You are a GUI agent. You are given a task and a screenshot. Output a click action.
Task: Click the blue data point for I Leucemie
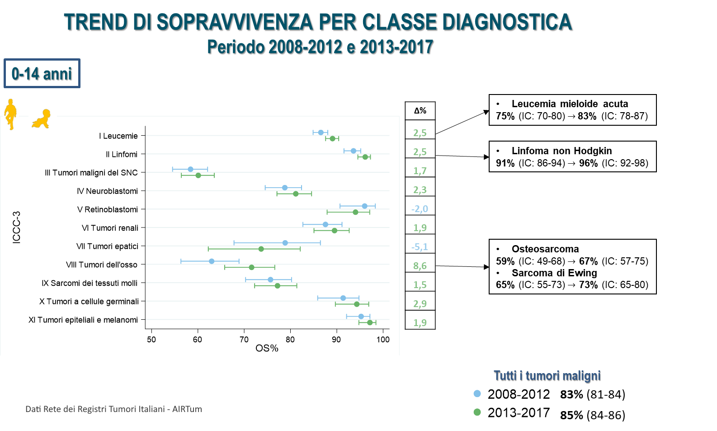321,133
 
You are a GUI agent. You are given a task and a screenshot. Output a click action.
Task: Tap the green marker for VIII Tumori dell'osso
252,267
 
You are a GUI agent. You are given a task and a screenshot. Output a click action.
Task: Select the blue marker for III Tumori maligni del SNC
190,169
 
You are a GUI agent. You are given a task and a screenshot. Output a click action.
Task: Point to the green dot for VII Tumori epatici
261,249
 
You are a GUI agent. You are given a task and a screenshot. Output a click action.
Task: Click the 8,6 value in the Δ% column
420,266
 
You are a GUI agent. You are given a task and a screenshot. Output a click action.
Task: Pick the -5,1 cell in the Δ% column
420,247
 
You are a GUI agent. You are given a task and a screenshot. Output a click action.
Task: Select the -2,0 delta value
420,209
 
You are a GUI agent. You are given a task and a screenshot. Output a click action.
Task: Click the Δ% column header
420,111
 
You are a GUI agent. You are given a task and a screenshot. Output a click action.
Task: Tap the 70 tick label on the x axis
244,340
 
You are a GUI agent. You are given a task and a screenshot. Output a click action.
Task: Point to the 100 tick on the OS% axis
383,340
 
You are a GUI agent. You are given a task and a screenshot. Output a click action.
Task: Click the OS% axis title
267,349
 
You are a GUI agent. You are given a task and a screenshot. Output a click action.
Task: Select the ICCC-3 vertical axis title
17,227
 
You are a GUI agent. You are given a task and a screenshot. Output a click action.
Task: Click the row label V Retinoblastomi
108,209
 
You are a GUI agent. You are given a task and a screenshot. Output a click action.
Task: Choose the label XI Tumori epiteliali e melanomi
83,320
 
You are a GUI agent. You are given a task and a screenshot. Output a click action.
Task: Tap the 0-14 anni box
42,73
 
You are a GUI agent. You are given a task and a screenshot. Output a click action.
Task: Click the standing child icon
10,114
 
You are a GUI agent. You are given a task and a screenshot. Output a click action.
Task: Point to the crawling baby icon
41,119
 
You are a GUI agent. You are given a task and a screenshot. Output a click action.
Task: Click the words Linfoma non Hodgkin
561,151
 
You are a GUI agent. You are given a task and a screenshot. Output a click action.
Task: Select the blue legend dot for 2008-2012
477,393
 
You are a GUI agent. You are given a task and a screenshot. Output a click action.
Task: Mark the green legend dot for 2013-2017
477,412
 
